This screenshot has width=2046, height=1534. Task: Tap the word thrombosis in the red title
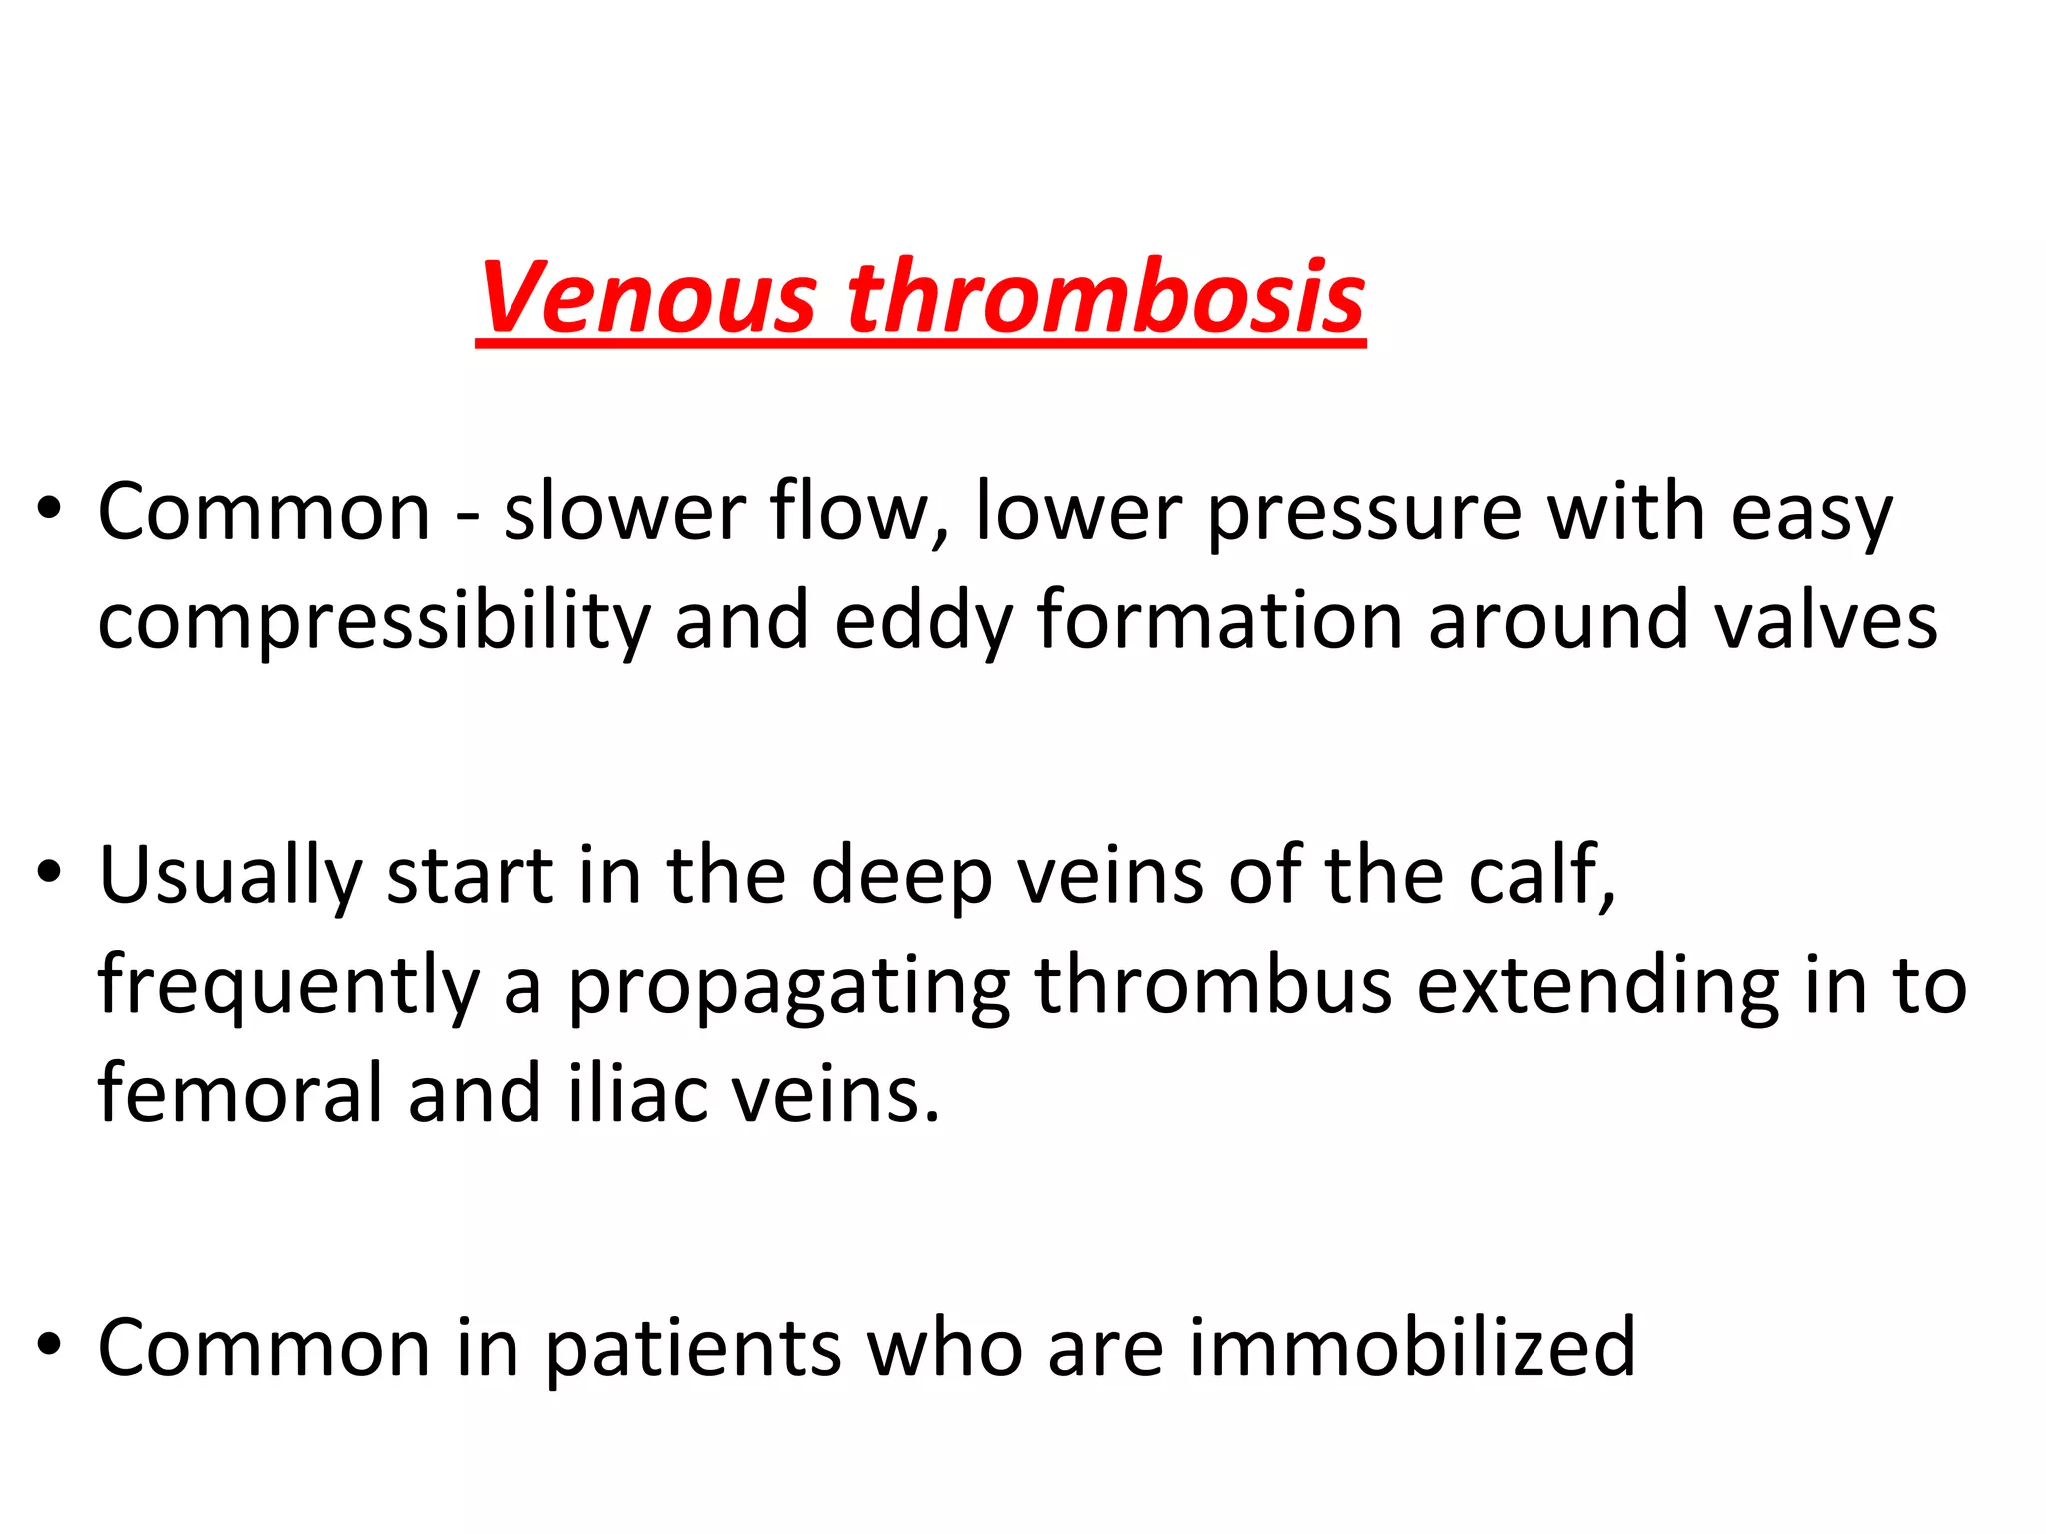tap(1105, 297)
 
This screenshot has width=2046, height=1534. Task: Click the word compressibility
tap(374, 621)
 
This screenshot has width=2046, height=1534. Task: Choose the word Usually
tap(230, 875)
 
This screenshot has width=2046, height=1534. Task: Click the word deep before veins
tap(901, 875)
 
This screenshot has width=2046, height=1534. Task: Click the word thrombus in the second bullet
tap(1213, 985)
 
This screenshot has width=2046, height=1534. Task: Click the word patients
tap(693, 1347)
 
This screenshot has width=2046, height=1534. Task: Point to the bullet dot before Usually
tap(48, 872)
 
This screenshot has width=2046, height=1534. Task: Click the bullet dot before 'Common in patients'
tap(48, 1344)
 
